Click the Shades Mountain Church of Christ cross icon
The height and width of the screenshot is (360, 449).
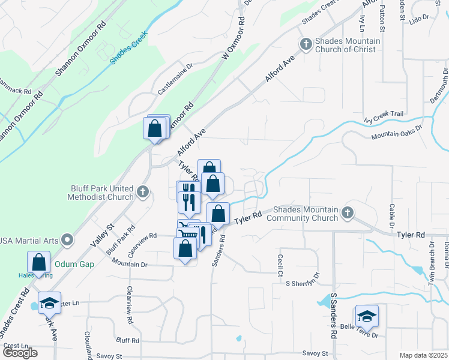coord(306,45)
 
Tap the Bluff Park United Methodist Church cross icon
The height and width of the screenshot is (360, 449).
coord(142,193)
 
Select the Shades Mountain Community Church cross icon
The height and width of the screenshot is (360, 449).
coord(347,212)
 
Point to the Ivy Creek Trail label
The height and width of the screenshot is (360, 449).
coord(384,116)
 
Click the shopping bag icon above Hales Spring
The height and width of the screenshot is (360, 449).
coord(38,262)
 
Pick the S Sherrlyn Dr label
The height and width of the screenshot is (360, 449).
coord(303,282)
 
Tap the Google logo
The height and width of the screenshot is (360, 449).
coord(19,352)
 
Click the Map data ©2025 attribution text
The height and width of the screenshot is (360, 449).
coord(423,355)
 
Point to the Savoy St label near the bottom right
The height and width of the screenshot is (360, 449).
coord(315,353)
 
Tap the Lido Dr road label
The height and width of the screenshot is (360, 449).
coord(419,19)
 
